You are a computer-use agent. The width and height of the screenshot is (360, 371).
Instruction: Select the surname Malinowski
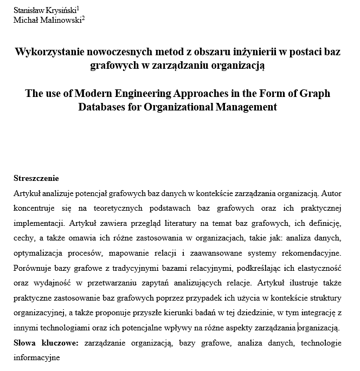[x=60, y=20]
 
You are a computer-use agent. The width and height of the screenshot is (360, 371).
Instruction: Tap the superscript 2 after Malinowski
[x=83, y=18]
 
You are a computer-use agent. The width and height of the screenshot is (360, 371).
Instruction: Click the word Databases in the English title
[x=102, y=107]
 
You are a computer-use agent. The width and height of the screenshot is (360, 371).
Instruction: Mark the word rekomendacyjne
[x=319, y=253]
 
